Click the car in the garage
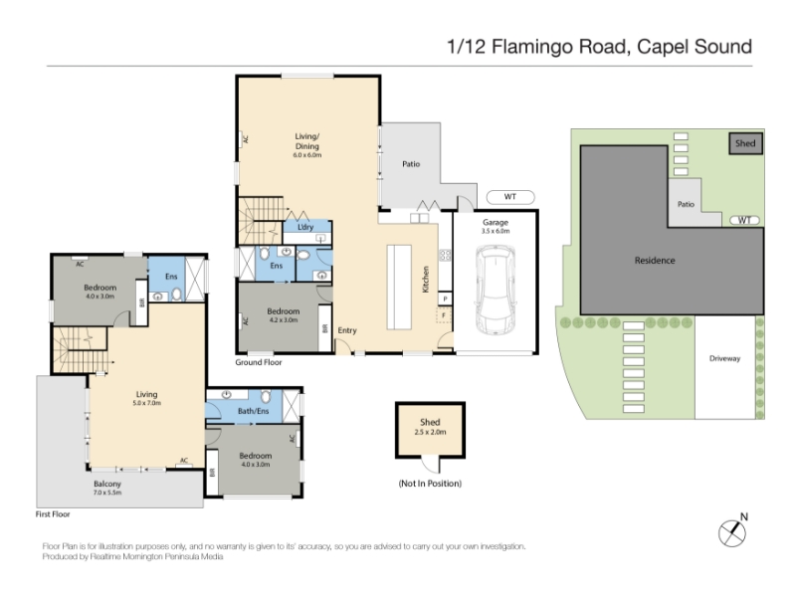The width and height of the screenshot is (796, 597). (x=495, y=290)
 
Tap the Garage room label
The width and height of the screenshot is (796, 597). (x=496, y=222)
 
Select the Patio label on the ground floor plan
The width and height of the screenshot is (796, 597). (x=411, y=164)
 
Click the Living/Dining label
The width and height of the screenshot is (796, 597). (x=307, y=141)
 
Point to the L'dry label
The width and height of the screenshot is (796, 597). (x=305, y=227)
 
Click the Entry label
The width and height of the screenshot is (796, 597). (x=347, y=330)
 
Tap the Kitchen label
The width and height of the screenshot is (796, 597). (x=426, y=280)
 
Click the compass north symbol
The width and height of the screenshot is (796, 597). (x=732, y=532)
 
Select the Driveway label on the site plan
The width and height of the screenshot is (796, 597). (x=725, y=358)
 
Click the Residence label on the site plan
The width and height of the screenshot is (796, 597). (x=655, y=261)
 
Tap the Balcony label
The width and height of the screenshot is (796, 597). (x=107, y=485)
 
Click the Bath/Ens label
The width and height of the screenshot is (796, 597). (x=254, y=411)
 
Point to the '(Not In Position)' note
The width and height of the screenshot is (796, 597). (x=430, y=484)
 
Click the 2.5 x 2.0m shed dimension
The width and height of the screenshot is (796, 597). (x=430, y=432)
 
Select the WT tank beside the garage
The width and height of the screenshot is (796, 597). (x=510, y=197)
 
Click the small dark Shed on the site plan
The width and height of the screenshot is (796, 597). (x=745, y=143)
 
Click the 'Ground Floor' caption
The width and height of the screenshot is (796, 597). (x=259, y=362)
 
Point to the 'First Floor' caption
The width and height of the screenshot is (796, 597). (x=53, y=514)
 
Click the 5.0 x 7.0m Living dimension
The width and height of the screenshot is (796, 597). (x=146, y=403)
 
